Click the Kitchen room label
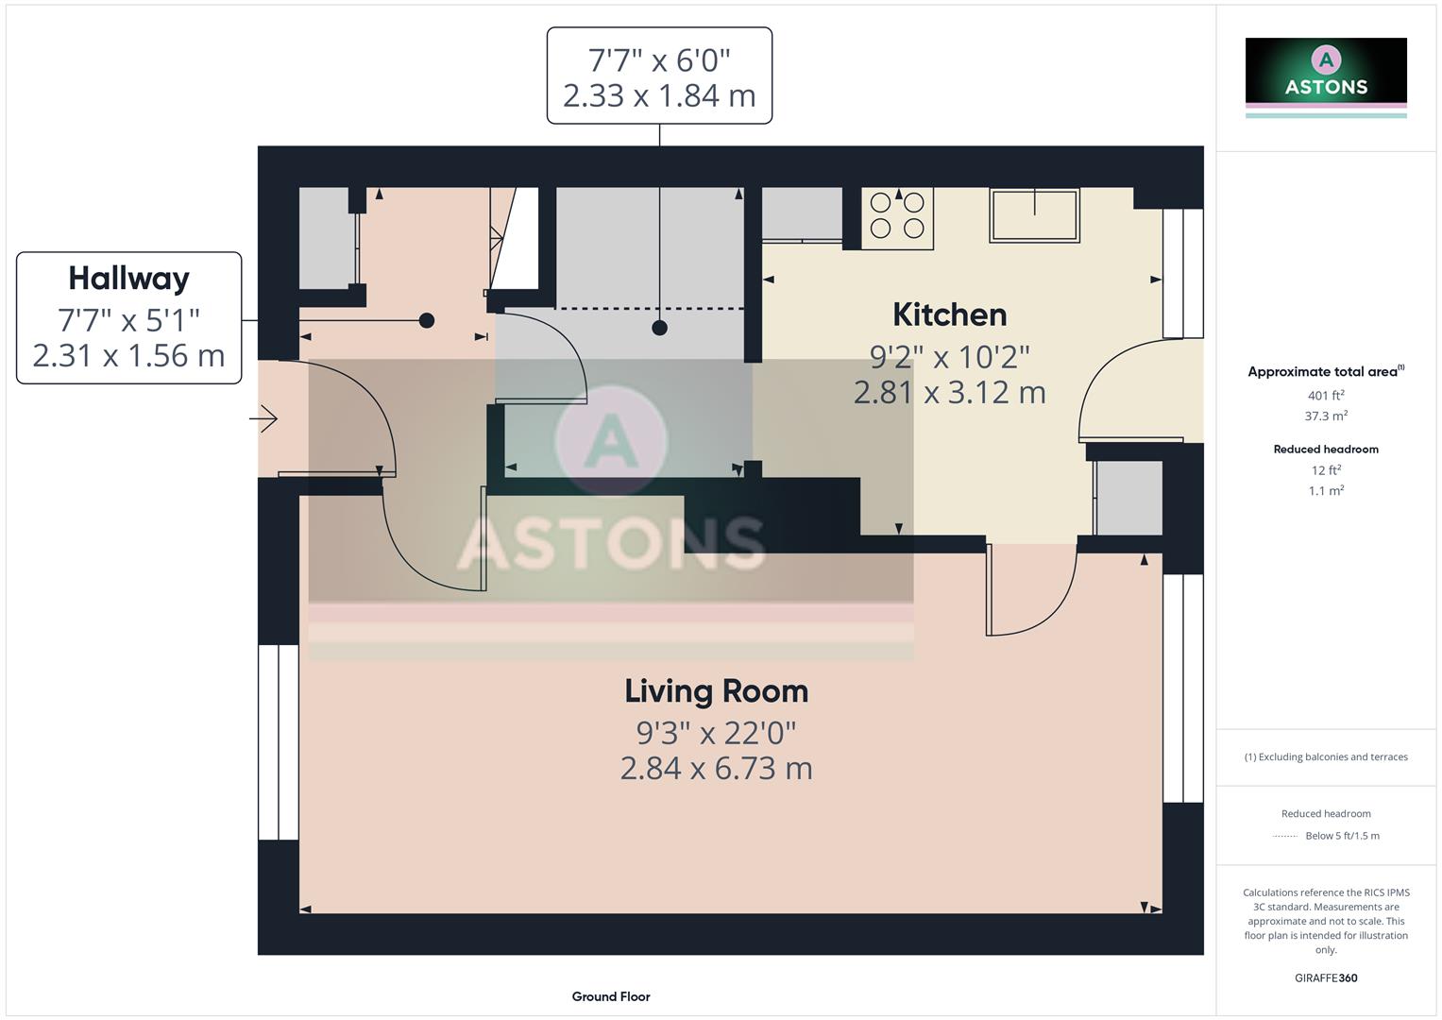pos(949,314)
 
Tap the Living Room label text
pos(716,691)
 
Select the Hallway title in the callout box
pos(128,279)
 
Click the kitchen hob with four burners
pos(897,214)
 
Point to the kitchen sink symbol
pos(1034,215)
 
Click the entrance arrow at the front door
pos(264,418)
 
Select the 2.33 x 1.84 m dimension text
pos(659,95)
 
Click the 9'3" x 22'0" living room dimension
pos(716,732)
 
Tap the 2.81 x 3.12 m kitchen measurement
pos(949,392)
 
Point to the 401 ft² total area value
pos(1326,396)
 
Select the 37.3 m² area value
pos(1326,416)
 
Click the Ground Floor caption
pos(611,996)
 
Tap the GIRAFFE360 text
pos(1326,978)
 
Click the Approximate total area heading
pos(1325,372)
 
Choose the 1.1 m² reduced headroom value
pos(1326,491)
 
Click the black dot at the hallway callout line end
pos(427,320)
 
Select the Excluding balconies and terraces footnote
pos(1326,757)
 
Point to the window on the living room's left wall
pos(279,741)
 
